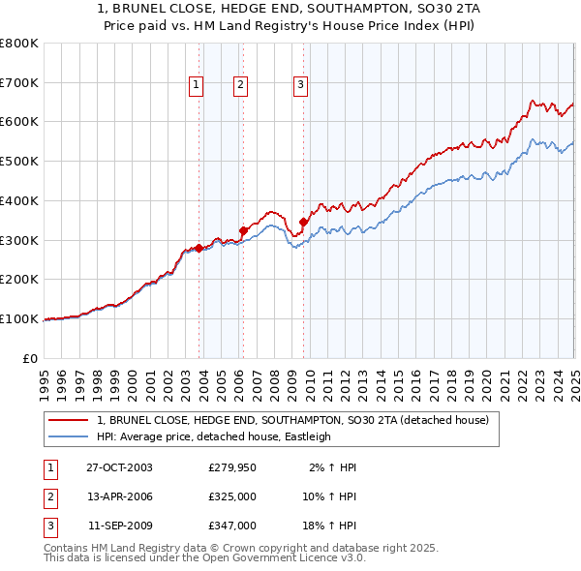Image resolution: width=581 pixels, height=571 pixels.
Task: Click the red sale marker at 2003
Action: (199, 248)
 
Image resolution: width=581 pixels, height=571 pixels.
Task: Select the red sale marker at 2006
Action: (243, 230)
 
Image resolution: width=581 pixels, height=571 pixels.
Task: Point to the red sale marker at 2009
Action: (303, 222)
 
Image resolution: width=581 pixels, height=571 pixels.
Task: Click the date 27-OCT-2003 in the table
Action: (119, 467)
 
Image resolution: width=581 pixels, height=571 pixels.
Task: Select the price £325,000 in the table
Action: (232, 496)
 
